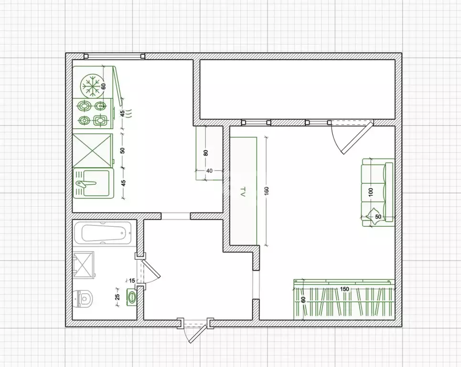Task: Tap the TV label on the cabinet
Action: coord(243,191)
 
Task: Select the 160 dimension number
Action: coord(267,190)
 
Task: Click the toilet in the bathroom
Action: coord(83,298)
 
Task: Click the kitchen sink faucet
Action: coord(86,184)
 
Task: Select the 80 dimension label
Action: coord(206,153)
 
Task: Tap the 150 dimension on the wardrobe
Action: coord(344,289)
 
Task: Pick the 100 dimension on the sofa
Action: coord(370,192)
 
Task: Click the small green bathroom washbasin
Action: coord(132,296)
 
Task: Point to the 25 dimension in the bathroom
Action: coord(118,297)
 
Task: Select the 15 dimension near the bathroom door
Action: coord(132,280)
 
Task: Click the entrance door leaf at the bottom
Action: coord(197,334)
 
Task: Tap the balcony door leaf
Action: coord(357,138)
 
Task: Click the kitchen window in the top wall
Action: coord(114,56)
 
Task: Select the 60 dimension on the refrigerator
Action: coord(104,86)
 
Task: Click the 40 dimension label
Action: coord(209,170)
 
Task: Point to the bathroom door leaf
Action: coord(151,269)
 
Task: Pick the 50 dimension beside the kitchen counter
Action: coord(123,150)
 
